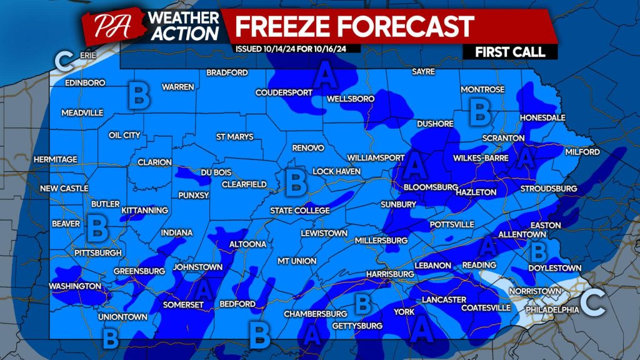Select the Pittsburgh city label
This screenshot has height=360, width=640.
coord(97,252)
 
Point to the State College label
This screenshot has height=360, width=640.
coord(299,211)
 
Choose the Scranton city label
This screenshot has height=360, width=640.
coord(503,137)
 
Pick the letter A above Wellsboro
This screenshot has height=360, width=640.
coord(324,77)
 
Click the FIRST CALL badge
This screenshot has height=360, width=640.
coord(509,52)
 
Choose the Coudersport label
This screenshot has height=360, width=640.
coord(283,92)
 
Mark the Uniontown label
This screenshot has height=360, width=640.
coord(122,317)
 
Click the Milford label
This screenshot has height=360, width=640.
coord(581,152)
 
